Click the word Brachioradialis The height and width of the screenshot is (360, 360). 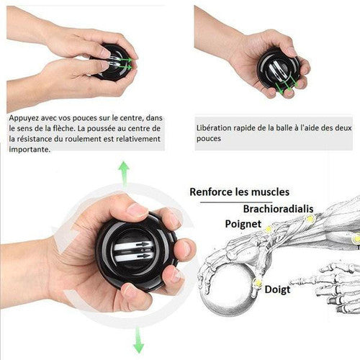click(x=278, y=209)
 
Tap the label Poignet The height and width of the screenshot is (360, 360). click(x=243, y=224)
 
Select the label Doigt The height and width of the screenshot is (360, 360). click(x=277, y=289)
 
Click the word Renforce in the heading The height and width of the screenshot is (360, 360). click(x=211, y=192)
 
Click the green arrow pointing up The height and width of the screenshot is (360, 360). click(x=124, y=174)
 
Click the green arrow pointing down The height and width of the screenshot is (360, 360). click(x=138, y=341)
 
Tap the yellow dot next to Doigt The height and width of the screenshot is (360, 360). click(x=258, y=282)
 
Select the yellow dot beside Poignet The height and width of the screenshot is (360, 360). click(x=268, y=230)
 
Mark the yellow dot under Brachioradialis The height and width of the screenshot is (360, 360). click(x=310, y=219)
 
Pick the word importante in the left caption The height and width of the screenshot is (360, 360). click(x=30, y=149)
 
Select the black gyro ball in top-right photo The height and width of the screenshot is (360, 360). click(x=279, y=69)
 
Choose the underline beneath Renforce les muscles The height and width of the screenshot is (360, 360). click(x=236, y=202)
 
